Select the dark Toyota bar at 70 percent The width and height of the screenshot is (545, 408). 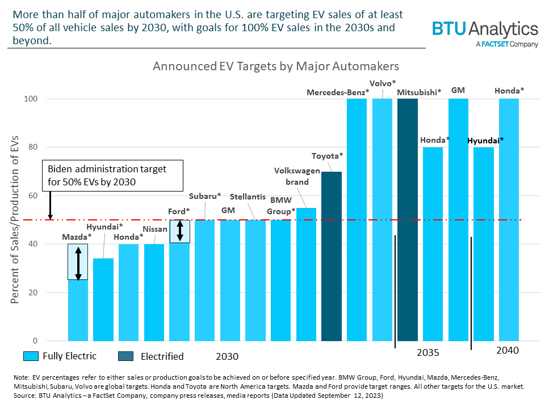click(x=332, y=255)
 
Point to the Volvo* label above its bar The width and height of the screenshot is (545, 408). click(x=383, y=83)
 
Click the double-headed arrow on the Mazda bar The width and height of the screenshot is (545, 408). click(x=78, y=262)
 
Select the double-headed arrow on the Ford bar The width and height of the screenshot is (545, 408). click(x=180, y=231)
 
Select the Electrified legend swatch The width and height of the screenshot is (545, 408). click(x=126, y=356)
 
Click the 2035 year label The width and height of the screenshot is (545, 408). click(x=428, y=352)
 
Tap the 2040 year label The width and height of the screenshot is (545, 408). click(x=507, y=350)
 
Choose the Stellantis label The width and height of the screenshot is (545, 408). click(x=248, y=197)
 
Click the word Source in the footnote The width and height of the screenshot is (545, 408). click(x=23, y=396)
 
